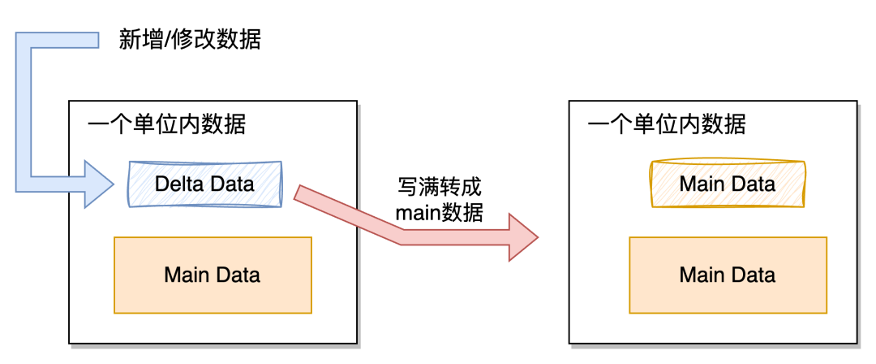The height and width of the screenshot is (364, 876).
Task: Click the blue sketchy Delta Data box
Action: click(204, 184)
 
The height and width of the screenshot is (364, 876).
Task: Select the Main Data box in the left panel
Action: click(213, 275)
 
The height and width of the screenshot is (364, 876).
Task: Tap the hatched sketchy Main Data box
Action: click(728, 184)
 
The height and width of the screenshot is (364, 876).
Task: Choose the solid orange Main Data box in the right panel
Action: click(728, 275)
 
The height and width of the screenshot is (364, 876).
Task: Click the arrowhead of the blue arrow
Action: click(99, 184)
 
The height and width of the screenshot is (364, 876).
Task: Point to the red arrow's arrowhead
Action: click(522, 237)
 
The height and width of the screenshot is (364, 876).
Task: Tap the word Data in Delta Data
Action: click(232, 184)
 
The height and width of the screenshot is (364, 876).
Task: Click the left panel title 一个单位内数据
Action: click(166, 125)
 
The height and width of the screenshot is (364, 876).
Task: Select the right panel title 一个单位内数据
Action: click(666, 125)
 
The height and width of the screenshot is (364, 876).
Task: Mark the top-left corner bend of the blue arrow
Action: click(24, 41)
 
